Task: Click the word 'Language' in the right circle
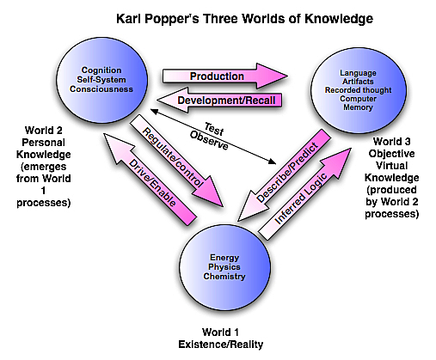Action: pos(358,72)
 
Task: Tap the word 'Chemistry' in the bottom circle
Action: pos(219,277)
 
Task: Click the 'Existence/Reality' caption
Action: pos(218,344)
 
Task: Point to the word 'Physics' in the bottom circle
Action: pos(219,266)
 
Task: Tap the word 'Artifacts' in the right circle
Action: pos(358,82)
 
